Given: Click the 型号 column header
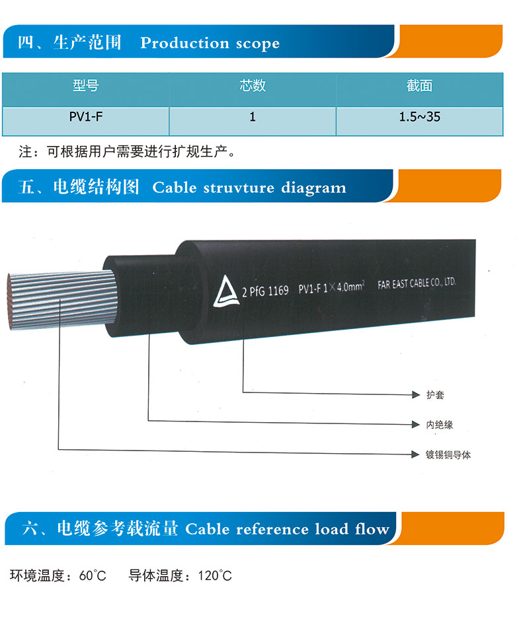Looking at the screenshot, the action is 85,85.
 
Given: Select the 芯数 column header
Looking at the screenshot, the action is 253,85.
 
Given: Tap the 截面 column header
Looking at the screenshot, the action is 419,85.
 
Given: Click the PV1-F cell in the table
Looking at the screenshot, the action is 86,116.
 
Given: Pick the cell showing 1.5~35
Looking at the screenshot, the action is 419,116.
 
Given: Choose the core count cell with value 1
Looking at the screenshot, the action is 253,116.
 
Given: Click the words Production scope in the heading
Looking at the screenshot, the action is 210,43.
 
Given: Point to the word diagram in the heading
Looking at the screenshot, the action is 313,188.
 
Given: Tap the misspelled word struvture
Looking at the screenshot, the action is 239,188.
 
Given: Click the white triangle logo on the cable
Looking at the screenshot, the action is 225,291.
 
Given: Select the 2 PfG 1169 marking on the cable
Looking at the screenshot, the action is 265,291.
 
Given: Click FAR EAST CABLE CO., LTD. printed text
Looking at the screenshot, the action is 417,283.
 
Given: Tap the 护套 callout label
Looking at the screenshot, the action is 435,394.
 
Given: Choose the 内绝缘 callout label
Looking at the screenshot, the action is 439,425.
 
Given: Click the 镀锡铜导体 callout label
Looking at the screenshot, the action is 448,455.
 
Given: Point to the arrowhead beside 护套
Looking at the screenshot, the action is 416,394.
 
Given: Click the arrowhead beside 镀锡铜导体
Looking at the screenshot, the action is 415,454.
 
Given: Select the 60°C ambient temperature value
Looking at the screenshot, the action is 93,575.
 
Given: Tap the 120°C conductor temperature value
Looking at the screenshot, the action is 215,575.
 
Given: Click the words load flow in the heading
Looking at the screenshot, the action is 352,529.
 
